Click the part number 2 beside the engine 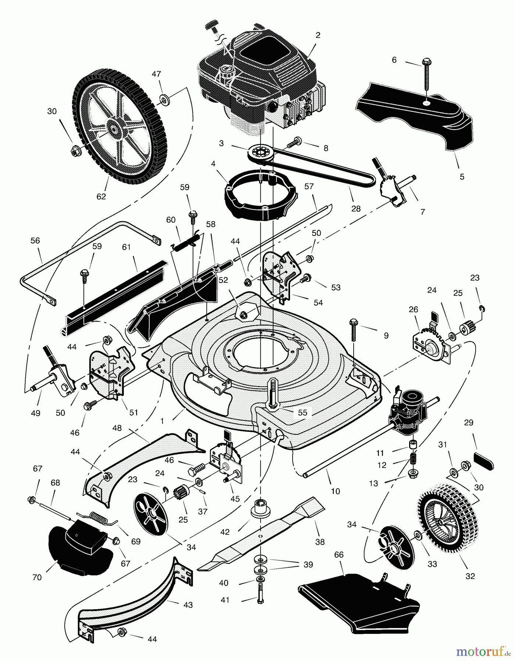318,35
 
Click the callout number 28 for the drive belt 356,209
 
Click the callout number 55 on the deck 302,413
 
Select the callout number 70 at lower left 37,578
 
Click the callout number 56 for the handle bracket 35,241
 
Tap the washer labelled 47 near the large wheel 162,99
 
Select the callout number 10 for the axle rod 335,491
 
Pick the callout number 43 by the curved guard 188,605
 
